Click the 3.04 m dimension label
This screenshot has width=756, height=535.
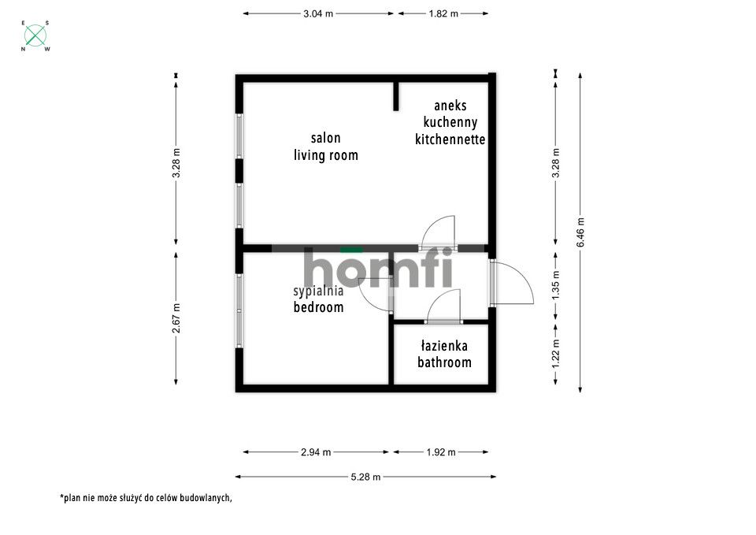tap(318, 13)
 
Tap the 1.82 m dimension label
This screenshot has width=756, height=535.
tap(443, 13)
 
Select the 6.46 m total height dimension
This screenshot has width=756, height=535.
tap(580, 232)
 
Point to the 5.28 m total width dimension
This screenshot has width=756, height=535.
tap(366, 477)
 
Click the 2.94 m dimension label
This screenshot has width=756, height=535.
tap(316, 452)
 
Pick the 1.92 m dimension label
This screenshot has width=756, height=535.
tap(441, 452)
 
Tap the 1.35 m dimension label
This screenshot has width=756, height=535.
tap(556, 285)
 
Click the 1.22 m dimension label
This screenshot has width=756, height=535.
tap(556, 354)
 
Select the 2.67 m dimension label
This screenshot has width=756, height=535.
tap(176, 318)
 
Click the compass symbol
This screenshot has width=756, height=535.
tap(35, 35)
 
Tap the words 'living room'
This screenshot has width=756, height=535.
tap(326, 155)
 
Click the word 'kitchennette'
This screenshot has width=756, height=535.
tap(450, 139)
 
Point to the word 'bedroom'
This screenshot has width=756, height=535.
tap(319, 307)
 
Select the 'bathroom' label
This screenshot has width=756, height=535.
tap(444, 362)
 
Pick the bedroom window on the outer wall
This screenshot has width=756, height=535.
tap(239, 310)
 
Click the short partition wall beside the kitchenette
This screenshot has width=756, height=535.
tap(396, 96)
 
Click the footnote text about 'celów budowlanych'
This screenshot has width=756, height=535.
tap(146, 498)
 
